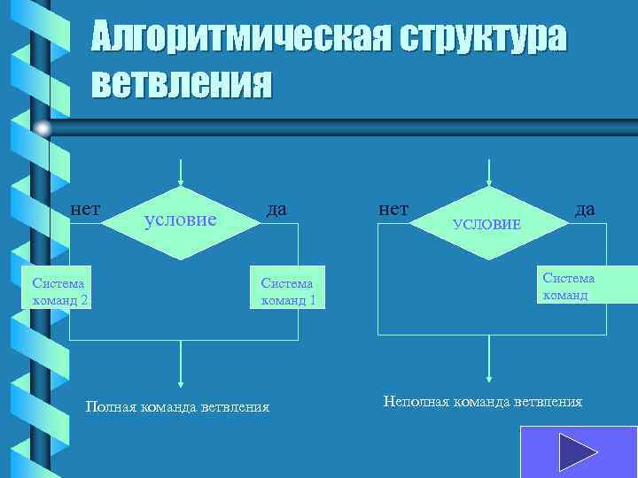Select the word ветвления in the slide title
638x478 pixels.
click(182, 83)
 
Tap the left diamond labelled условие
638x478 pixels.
click(181, 221)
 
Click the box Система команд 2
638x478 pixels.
click(59, 291)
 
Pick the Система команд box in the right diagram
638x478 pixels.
click(568, 287)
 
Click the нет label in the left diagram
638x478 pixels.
click(85, 209)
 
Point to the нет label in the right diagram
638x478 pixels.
click(393, 209)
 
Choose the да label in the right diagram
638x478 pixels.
click(585, 209)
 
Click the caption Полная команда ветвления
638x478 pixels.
click(176, 407)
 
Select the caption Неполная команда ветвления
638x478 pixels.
click(483, 402)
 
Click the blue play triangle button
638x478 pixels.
click(578, 453)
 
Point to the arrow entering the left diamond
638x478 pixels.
click(181, 172)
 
